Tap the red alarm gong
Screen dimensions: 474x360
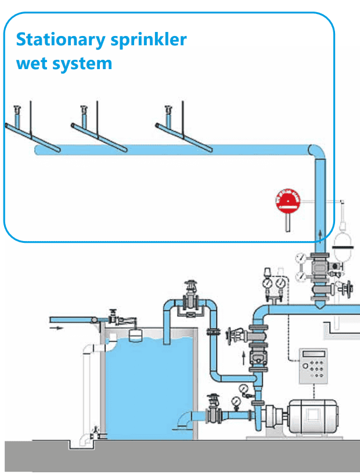286,203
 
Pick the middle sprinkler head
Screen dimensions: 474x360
84,109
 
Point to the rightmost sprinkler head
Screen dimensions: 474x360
168,109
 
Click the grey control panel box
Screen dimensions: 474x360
312,367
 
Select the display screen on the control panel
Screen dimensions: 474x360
311,354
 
